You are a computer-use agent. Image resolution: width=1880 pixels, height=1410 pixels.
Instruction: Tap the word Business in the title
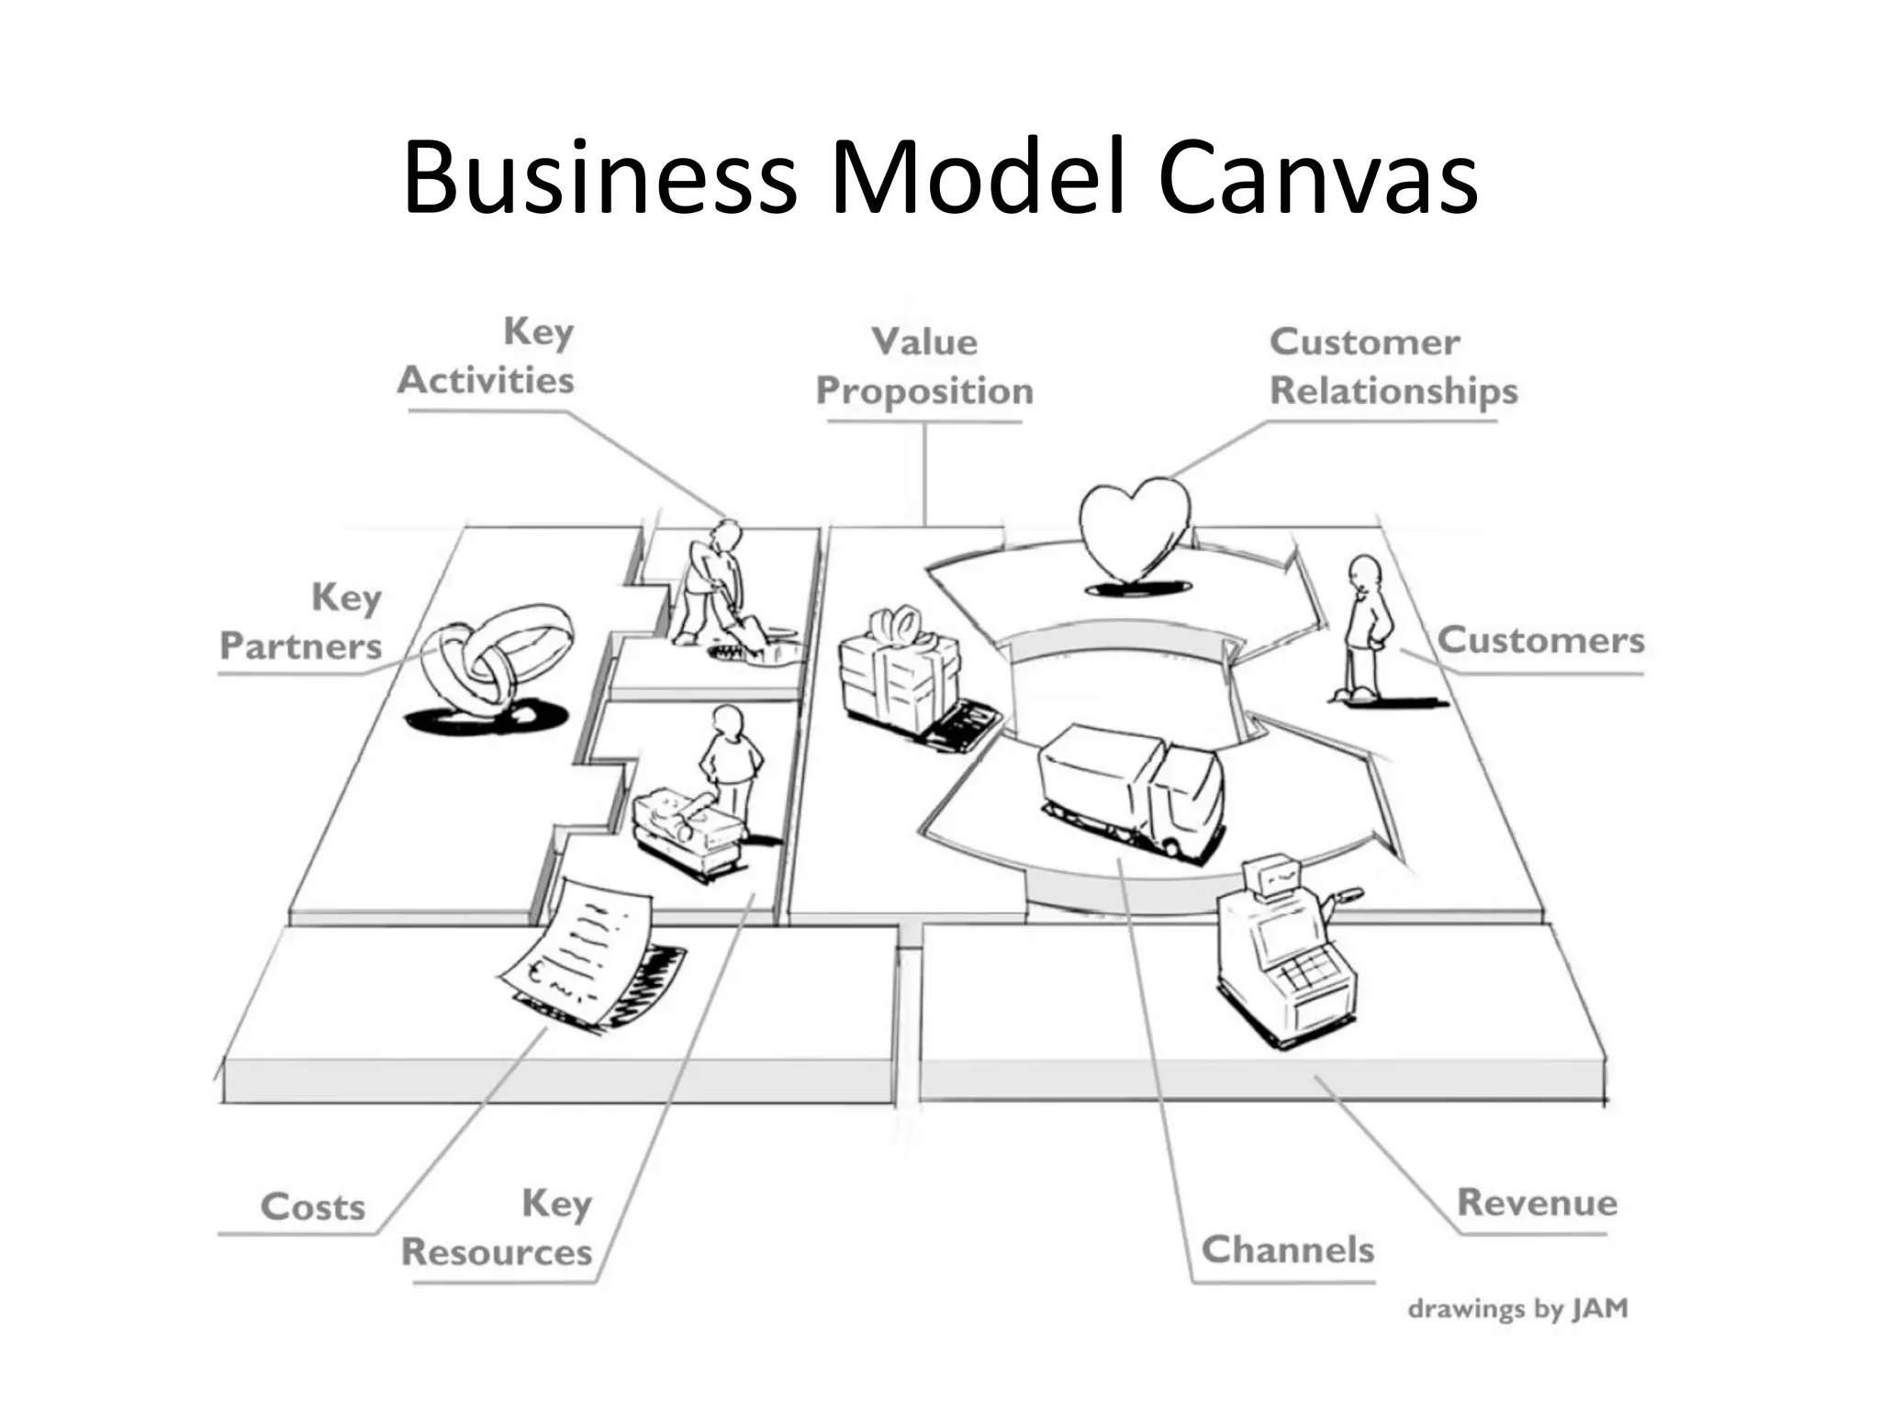pos(599,177)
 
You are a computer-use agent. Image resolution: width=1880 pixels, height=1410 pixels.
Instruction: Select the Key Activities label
pos(487,356)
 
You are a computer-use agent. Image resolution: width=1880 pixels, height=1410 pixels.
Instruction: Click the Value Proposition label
pos(924,366)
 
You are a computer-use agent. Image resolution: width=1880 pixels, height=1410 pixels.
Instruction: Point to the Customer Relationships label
pos(1393,366)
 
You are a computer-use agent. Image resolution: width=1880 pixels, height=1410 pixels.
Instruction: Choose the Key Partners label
pos(302,621)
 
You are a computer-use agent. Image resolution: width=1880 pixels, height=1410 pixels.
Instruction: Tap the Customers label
pos(1540,641)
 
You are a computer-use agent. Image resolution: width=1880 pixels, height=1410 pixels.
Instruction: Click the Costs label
pos(313,1207)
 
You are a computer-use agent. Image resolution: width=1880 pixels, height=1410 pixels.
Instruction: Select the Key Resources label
pos(498,1227)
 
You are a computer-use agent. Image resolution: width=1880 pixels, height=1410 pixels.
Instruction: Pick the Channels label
pos(1287,1249)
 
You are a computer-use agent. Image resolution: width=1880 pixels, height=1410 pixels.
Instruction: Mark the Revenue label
pos(1537,1203)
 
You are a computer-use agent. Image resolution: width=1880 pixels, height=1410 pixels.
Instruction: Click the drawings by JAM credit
pos(1517,1308)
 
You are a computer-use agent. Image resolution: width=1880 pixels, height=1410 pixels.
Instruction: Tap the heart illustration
pos(1135,532)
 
